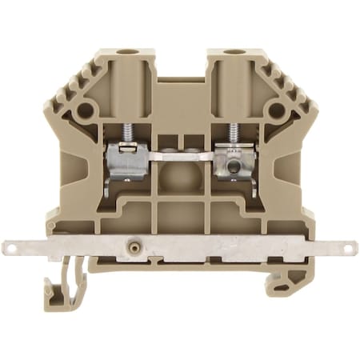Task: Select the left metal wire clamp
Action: click(x=127, y=160)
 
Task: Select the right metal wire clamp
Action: click(x=232, y=160)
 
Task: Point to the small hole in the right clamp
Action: click(x=234, y=167)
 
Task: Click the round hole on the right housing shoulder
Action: click(x=276, y=110)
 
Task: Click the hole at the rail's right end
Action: click(x=350, y=249)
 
